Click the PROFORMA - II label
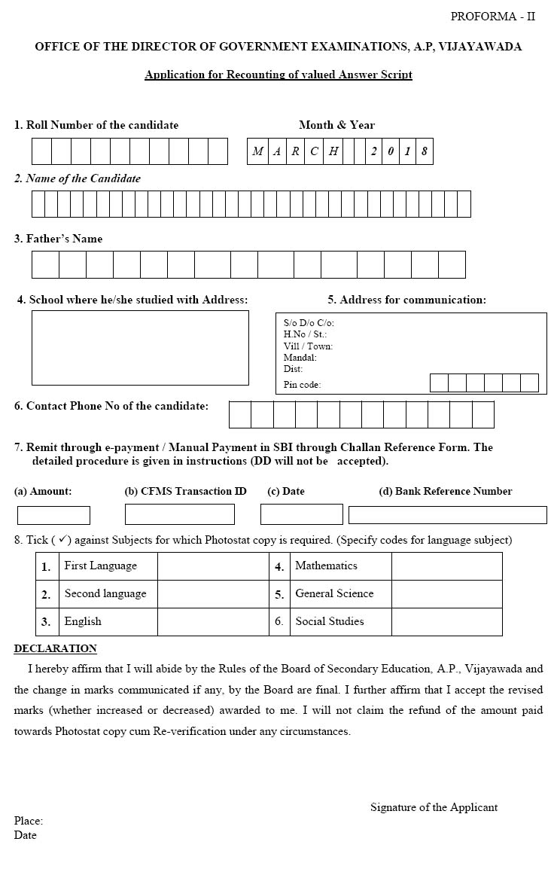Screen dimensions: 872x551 pyautogui.click(x=492, y=17)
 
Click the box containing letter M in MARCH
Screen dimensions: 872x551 pyautogui.click(x=257, y=151)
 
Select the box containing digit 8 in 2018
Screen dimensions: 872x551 pyautogui.click(x=425, y=151)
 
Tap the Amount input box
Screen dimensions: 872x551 pyautogui.click(x=53, y=515)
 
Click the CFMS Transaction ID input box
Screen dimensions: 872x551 pyautogui.click(x=179, y=514)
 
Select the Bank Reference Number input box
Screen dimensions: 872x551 pyautogui.click(x=447, y=515)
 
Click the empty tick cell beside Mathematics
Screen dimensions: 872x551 pyautogui.click(x=446, y=566)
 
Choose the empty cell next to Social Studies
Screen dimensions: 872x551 pyautogui.click(x=446, y=622)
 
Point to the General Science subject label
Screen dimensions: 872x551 pyautogui.click(x=334, y=593)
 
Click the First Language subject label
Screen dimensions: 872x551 pyautogui.click(x=100, y=566)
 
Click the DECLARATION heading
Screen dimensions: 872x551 pyautogui.click(x=55, y=648)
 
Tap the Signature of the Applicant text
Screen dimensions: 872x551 pyautogui.click(x=434, y=807)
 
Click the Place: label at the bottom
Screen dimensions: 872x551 pyautogui.click(x=28, y=821)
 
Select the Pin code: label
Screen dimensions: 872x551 pyautogui.click(x=302, y=385)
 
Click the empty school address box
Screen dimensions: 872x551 pyautogui.click(x=140, y=347)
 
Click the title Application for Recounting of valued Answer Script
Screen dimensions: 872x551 pyautogui.click(x=278, y=75)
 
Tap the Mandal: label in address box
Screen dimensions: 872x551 pyautogui.click(x=300, y=358)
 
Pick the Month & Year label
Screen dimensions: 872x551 pyautogui.click(x=336, y=125)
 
